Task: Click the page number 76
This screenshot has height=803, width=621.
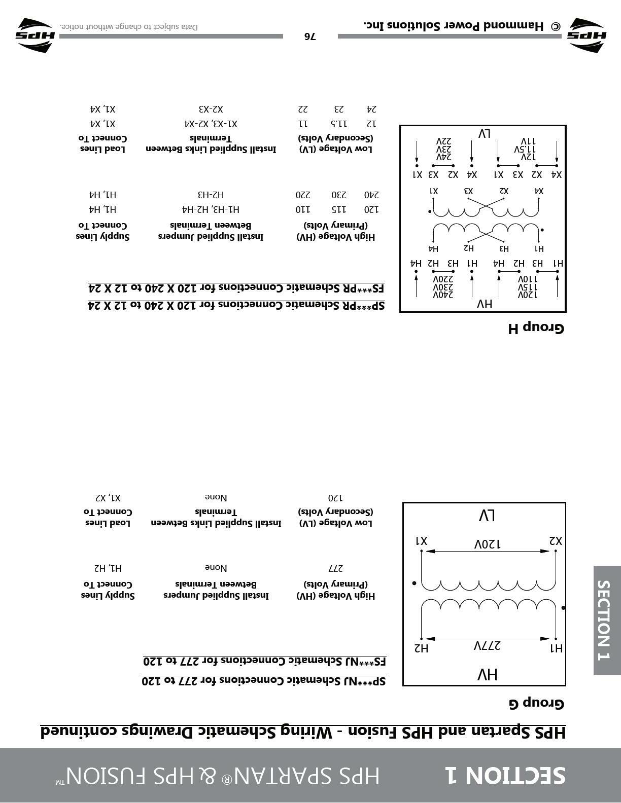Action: coord(310,36)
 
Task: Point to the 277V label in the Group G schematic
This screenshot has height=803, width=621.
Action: coord(487,645)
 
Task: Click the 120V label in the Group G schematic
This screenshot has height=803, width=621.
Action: coord(487,544)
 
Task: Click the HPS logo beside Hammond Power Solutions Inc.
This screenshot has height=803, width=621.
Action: coord(587,35)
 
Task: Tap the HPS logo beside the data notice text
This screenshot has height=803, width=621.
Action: coord(34,35)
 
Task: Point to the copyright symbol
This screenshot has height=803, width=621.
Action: coord(556,26)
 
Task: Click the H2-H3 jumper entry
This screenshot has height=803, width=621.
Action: coord(211,195)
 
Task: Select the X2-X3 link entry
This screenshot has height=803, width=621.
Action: coord(211,109)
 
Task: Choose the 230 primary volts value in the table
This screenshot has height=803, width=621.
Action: coord(338,195)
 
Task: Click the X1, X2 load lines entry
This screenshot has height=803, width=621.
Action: coord(108,497)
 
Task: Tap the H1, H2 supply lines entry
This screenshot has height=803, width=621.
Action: coord(108,568)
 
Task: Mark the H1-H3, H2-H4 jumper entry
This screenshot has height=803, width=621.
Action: coord(211,209)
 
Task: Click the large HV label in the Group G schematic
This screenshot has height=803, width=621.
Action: coord(487,674)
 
